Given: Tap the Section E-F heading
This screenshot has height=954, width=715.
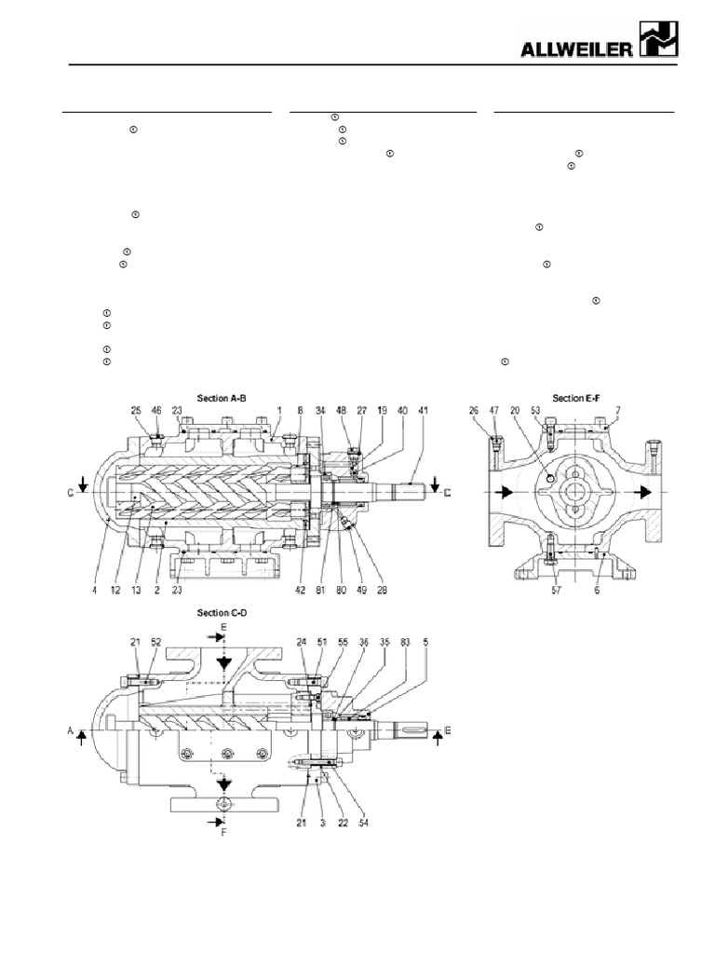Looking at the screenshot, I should (578, 398).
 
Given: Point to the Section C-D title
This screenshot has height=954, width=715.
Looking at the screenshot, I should (221, 613).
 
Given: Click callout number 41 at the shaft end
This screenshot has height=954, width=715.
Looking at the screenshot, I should (424, 408).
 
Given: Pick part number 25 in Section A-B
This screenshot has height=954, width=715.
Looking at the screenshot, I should (136, 408).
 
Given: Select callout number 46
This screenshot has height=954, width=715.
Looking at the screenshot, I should (156, 408).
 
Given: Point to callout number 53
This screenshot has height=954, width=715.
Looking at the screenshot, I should (534, 408).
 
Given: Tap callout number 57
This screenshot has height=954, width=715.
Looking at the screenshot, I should (555, 591).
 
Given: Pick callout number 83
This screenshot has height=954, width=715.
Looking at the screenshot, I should (403, 642).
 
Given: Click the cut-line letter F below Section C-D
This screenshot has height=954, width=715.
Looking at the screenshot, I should (223, 835).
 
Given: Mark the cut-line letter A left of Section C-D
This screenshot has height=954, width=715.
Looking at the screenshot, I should (71, 732).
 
